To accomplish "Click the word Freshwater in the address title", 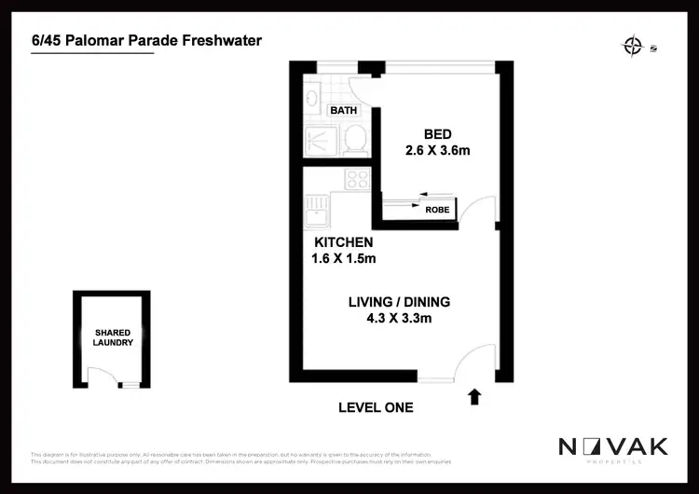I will [x=222, y=41].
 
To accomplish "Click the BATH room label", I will [x=344, y=110].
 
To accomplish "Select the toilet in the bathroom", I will [x=353, y=140].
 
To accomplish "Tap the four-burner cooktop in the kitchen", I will [x=357, y=179].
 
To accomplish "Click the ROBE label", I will [x=437, y=211].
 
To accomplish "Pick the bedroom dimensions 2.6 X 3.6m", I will [x=437, y=150].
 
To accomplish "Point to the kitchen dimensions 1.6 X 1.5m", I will [x=343, y=258].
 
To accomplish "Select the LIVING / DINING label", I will [x=399, y=302].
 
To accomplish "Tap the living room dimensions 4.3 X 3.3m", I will [x=399, y=319].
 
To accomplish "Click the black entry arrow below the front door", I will [x=473, y=397].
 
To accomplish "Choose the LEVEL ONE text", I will [x=376, y=407].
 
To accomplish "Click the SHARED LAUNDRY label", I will [x=112, y=337].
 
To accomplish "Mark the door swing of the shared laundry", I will [x=97, y=375].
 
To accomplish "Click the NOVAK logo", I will [x=612, y=447].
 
